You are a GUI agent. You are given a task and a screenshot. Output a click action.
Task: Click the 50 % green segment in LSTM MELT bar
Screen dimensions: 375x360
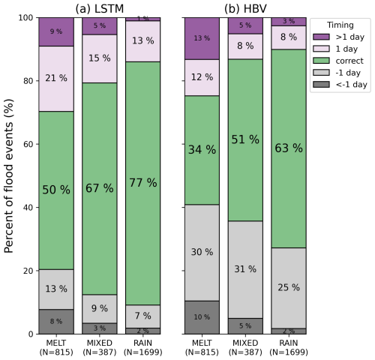coord(56,190)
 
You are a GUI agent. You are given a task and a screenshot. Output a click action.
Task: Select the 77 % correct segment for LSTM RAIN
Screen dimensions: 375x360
coord(143,183)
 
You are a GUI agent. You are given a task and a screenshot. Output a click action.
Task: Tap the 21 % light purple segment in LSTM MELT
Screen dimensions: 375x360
coord(56,79)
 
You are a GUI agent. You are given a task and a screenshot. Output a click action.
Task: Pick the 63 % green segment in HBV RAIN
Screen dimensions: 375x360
coord(289,148)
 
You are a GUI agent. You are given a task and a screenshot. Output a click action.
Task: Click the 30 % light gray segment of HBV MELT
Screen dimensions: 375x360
coord(202,253)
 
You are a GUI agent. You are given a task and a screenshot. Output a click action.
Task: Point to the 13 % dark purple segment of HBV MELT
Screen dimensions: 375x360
coord(202,38)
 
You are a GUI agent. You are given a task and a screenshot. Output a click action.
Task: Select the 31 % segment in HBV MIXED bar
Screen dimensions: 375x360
coord(245,269)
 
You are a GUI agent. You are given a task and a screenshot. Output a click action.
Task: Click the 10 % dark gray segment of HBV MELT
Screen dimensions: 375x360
coord(202,317)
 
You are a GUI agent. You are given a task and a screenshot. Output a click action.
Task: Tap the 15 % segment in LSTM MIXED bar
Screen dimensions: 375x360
coord(100,58)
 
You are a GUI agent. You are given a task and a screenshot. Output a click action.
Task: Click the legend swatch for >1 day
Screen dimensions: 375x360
coord(321,37)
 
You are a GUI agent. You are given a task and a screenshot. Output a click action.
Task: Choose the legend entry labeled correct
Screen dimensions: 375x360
coord(338,61)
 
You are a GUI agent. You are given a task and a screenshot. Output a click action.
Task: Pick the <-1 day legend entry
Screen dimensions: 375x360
coord(340,85)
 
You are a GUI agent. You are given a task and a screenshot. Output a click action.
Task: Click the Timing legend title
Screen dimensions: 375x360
coord(340,25)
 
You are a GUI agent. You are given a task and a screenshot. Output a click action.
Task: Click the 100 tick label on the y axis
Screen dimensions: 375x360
coord(25,17)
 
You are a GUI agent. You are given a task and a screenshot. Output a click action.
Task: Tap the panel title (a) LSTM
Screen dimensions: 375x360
coord(100,9)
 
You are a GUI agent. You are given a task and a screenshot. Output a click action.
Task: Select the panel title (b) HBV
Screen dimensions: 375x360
coord(245,9)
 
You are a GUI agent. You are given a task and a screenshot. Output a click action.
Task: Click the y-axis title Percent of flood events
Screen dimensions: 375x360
coord(8,176)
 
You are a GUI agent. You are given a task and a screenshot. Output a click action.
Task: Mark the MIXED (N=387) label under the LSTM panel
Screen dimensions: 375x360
coord(100,347)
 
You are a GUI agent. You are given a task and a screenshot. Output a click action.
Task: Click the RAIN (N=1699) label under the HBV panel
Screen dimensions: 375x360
coord(289,347)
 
